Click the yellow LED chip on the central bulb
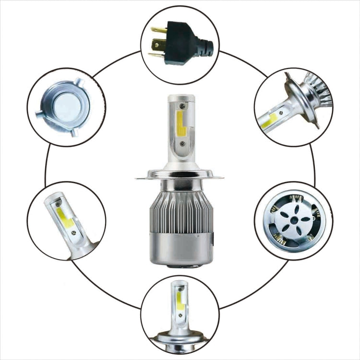pyautogui.click(x=181, y=124)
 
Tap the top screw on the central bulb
pyautogui.click(x=181, y=105)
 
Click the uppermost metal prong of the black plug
pyautogui.click(x=158, y=30)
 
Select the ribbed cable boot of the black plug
pyautogui.click(x=206, y=48)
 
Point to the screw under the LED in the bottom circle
pyautogui.click(x=180, y=316)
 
